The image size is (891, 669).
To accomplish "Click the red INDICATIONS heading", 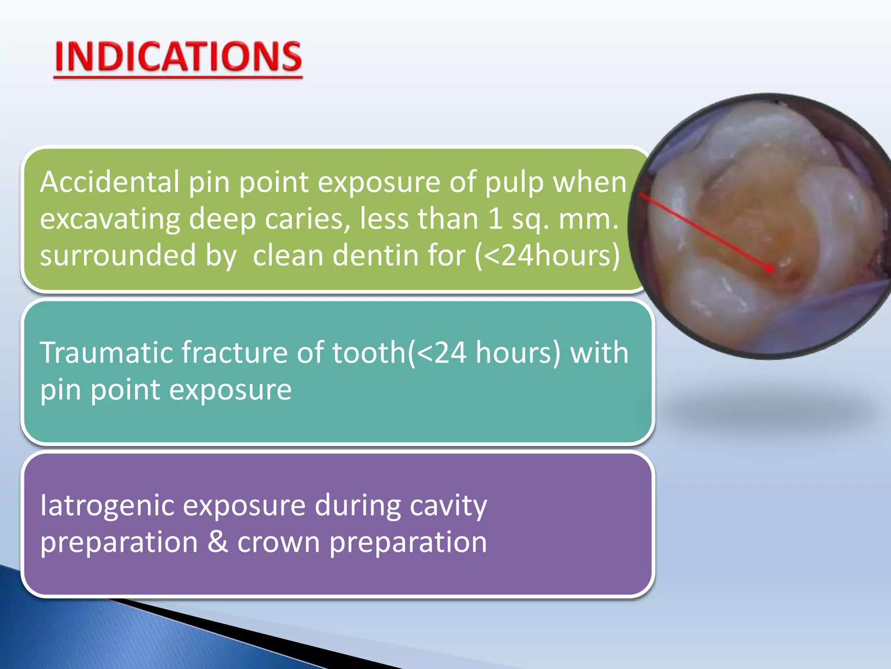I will pyautogui.click(x=178, y=57).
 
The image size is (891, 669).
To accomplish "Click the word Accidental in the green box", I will pyautogui.click(x=109, y=182).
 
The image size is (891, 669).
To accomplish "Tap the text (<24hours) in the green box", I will pyautogui.click(x=547, y=255).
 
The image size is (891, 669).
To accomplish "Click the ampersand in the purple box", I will pyautogui.click(x=218, y=542).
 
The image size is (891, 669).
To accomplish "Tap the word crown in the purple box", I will pyautogui.click(x=278, y=543).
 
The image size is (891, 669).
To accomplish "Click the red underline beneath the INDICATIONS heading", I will pyautogui.click(x=178, y=78).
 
